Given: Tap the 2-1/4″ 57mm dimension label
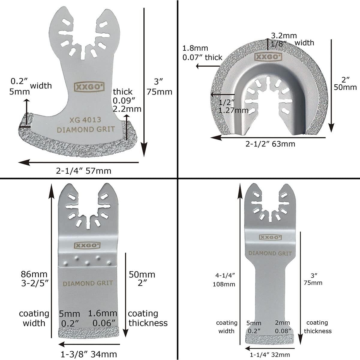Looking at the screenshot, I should [x=84, y=171].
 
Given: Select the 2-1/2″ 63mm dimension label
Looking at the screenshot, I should [x=270, y=144].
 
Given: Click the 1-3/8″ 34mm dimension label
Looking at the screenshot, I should [x=89, y=354].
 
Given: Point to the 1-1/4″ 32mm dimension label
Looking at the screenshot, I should [x=270, y=355].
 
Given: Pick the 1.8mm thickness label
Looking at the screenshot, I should [x=195, y=48].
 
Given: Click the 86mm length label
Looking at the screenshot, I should [x=34, y=274].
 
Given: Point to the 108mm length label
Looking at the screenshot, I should [x=224, y=284].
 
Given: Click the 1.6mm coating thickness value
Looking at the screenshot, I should [x=103, y=314].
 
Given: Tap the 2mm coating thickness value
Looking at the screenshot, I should [x=283, y=323].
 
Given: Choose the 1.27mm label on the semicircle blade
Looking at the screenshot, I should [x=233, y=110].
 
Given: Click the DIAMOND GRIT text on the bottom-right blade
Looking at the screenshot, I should [x=270, y=253].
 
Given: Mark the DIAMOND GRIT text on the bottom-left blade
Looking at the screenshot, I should [x=88, y=283].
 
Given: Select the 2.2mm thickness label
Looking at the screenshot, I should [x=127, y=109].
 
